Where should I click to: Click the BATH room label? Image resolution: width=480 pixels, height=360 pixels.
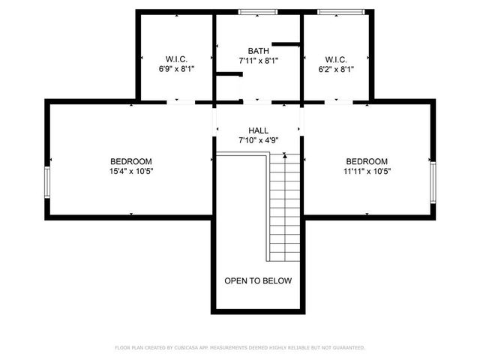coord(259,51)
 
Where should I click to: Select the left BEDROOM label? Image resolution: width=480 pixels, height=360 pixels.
coord(131,161)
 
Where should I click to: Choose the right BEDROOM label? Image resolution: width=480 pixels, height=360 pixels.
coord(367,161)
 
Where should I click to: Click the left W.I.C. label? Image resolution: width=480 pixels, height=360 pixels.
coord(176,59)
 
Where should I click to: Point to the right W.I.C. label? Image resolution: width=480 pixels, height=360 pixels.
coord(335,59)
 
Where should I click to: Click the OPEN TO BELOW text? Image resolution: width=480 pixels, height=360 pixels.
coord(258,280)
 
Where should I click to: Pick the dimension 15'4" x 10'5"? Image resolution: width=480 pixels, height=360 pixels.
coord(131,171)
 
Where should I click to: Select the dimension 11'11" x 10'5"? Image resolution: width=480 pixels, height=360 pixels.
coord(367,171)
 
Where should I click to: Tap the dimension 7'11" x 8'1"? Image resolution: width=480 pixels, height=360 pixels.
coord(259,60)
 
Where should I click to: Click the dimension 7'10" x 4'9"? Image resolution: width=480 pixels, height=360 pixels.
coord(258,140)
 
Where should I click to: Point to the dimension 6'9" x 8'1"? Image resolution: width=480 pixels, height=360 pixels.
coord(176,69)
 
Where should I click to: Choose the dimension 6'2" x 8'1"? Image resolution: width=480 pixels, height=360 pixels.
coord(335,69)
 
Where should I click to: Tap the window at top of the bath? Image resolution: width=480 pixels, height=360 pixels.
coord(257,11)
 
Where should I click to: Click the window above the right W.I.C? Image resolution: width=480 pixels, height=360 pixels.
coord(343,11)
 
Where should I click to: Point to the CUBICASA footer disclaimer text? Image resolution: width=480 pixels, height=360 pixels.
coord(240,347)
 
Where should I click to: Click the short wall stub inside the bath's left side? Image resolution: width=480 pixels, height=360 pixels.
coord(229,73)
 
